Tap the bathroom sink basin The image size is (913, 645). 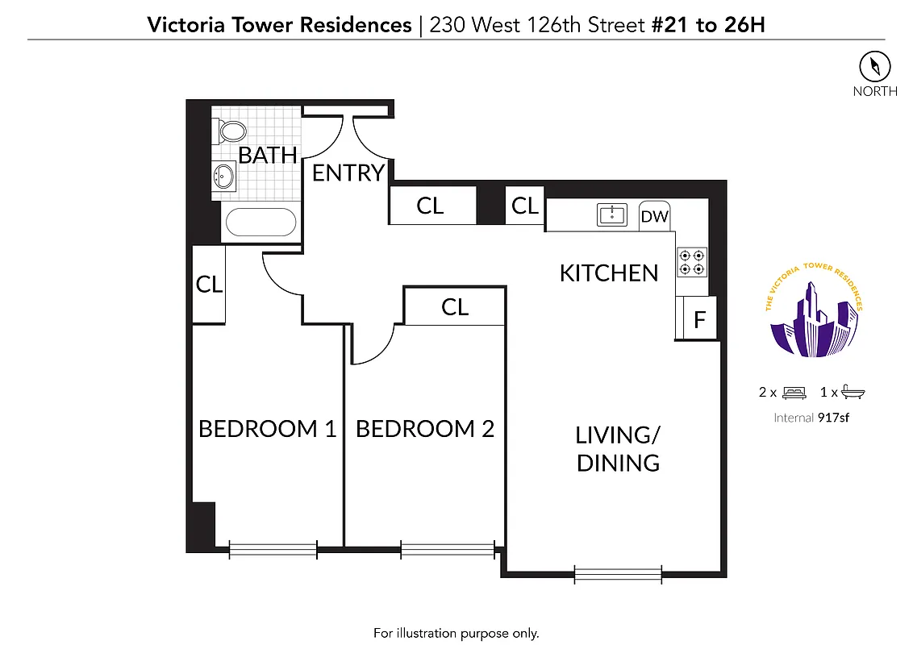224,174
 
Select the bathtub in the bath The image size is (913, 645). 260,222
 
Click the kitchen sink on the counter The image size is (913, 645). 612,214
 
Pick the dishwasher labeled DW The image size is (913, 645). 654,216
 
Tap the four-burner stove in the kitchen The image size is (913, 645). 691,260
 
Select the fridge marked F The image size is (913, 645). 699,318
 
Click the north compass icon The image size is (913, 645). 874,65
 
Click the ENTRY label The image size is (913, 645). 348,173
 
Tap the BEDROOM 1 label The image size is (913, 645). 267,429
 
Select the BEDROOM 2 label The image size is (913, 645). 424,429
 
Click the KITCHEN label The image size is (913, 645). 609,273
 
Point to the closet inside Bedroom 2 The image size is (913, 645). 455,307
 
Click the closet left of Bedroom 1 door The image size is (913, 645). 209,285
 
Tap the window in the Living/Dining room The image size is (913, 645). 618,574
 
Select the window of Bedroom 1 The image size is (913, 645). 273,550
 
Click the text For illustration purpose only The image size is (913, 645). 456,633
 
